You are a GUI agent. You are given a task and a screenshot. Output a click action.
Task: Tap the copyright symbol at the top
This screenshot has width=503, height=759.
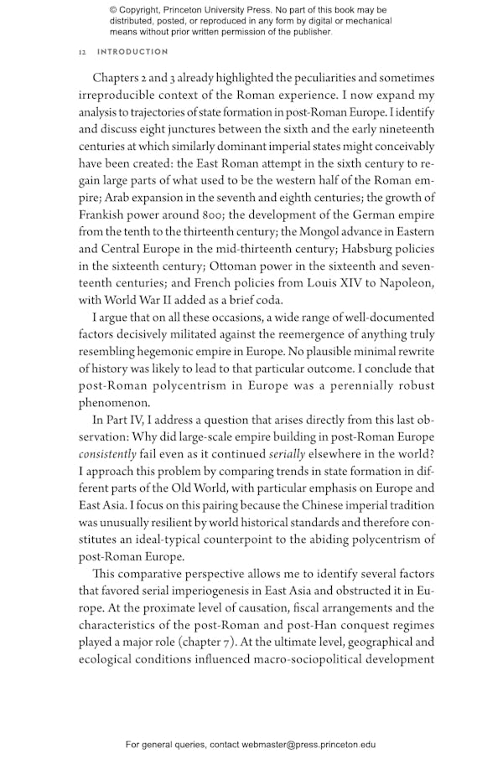(114, 9)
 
